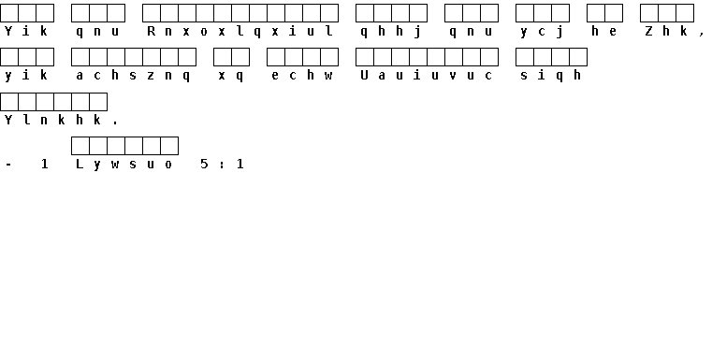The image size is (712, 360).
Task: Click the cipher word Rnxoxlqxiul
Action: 240,31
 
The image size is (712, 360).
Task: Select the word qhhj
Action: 391,31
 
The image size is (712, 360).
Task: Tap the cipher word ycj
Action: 542,31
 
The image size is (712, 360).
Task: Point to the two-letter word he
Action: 604,31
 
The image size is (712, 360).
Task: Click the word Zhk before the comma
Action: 666,31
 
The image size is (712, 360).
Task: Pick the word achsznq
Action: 133,76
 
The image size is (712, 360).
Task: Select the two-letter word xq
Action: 231,76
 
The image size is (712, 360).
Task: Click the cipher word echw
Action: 302,76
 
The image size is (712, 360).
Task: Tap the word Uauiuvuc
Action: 427,76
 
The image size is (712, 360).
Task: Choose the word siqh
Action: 551,76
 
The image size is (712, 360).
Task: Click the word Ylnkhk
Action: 52,120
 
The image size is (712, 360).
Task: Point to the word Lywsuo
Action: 124,165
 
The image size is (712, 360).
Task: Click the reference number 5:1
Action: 222,164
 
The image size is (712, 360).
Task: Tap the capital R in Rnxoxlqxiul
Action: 152,31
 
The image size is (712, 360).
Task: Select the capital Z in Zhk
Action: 649,31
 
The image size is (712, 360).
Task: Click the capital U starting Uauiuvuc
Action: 364,76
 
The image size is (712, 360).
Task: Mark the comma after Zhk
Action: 702,34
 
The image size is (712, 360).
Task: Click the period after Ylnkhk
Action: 115,123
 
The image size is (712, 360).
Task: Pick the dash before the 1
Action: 8,165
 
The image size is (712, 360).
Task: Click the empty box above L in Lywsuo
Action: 80,146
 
